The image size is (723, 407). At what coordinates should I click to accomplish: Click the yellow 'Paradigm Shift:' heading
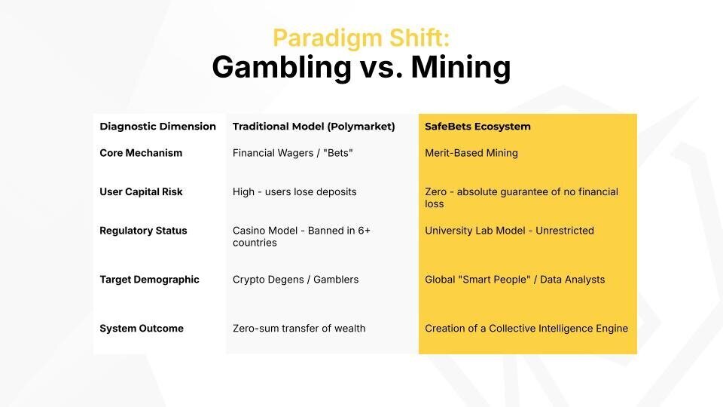tap(361, 38)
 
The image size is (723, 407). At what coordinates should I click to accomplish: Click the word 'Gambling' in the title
tap(282, 67)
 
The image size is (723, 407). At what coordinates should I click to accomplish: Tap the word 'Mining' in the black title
tap(461, 67)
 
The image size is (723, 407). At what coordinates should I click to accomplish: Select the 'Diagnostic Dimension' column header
tap(157, 127)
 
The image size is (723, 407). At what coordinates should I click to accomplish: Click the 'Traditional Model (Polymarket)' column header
tap(313, 127)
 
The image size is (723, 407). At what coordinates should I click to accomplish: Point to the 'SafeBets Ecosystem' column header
tap(477, 127)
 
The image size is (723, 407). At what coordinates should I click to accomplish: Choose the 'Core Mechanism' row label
tap(141, 153)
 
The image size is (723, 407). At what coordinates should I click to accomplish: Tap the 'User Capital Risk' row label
tap(141, 191)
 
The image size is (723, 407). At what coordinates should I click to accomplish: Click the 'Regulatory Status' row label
tap(143, 231)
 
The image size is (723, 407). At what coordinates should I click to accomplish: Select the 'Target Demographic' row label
tap(149, 280)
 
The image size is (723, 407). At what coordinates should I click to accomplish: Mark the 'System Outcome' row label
tap(142, 329)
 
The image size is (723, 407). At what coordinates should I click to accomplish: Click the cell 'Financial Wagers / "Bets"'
tap(293, 153)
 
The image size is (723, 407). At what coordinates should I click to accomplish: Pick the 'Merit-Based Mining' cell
tap(471, 153)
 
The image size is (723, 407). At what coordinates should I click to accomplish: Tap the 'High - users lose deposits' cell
tap(294, 191)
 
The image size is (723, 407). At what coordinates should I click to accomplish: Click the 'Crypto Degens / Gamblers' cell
tap(295, 280)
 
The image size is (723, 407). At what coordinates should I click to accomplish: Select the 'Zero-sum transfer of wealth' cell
tap(299, 329)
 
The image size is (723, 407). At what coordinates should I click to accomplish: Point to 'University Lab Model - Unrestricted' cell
tap(510, 231)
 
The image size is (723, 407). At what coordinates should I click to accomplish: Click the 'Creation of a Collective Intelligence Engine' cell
tap(526, 329)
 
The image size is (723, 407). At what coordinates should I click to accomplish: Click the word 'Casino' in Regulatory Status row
tap(248, 231)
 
